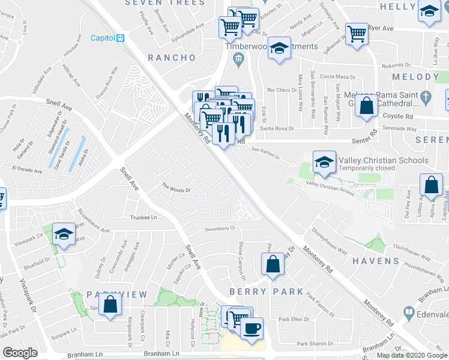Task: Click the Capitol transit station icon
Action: pos(121,38)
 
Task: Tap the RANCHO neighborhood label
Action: pos(172,58)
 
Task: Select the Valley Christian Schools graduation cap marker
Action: pos(324,162)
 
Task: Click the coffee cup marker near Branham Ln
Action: pos(252,329)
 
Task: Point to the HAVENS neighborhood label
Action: pos(376,261)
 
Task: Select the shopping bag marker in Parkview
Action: pos(110,305)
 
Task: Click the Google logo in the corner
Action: pos(20,353)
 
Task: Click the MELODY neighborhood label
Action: pos(415,77)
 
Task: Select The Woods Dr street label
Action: pos(176,188)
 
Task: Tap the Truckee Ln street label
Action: pos(145,217)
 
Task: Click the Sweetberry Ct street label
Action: pos(218,229)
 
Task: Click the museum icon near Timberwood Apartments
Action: pos(238,58)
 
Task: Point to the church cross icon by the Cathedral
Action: pos(426,96)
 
